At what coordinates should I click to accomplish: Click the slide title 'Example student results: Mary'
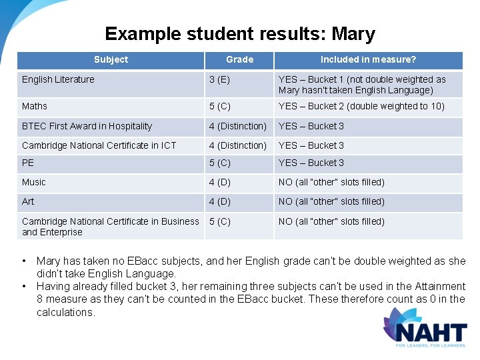point(240,34)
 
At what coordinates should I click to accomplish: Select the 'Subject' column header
point(111,60)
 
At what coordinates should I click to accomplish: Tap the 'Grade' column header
point(239,60)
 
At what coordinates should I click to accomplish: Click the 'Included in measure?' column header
point(368,60)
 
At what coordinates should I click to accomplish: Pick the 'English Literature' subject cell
point(59,80)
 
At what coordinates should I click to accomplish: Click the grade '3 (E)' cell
point(219,80)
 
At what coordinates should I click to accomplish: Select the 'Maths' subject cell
point(34,107)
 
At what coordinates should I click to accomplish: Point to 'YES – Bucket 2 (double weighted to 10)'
point(361,107)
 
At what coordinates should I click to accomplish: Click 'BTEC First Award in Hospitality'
point(87,127)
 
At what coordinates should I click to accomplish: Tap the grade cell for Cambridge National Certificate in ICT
point(237,145)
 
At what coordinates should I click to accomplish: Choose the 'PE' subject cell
point(28,163)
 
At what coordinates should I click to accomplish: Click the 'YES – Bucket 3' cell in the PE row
point(311,163)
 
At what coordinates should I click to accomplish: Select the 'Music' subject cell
point(34,183)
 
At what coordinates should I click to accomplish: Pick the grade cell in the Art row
point(220,202)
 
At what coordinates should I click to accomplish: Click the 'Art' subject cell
point(28,202)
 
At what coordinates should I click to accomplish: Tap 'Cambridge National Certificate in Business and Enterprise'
point(110,227)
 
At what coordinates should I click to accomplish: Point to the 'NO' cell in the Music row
point(331,183)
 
